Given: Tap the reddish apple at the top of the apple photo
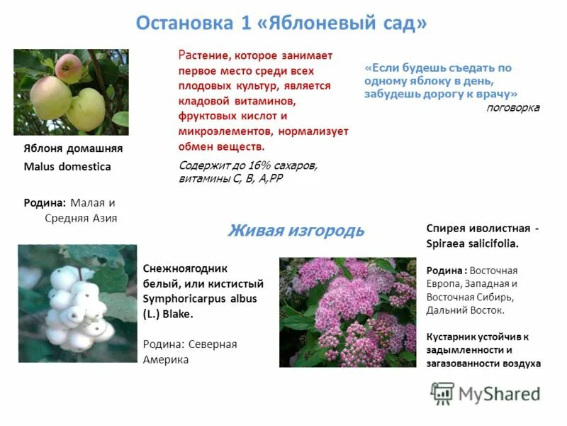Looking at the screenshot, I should [x=69, y=67].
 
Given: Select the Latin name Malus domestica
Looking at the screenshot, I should [x=67, y=167].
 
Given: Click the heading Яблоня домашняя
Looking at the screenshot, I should [x=73, y=148].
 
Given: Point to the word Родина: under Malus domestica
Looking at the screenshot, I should [x=45, y=202].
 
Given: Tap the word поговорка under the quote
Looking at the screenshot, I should [x=512, y=108].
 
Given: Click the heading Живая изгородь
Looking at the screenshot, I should [x=296, y=230].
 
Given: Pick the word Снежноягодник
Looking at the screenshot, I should [x=184, y=268].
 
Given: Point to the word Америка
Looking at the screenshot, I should [x=166, y=359].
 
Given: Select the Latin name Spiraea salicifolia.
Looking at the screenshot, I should [x=472, y=243].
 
